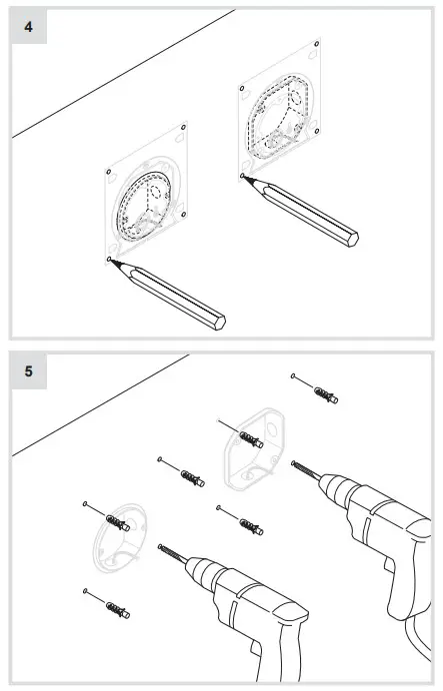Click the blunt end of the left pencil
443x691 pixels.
click(x=219, y=322)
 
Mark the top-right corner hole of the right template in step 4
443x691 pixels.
click(x=316, y=45)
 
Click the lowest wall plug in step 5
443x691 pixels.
click(x=115, y=607)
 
